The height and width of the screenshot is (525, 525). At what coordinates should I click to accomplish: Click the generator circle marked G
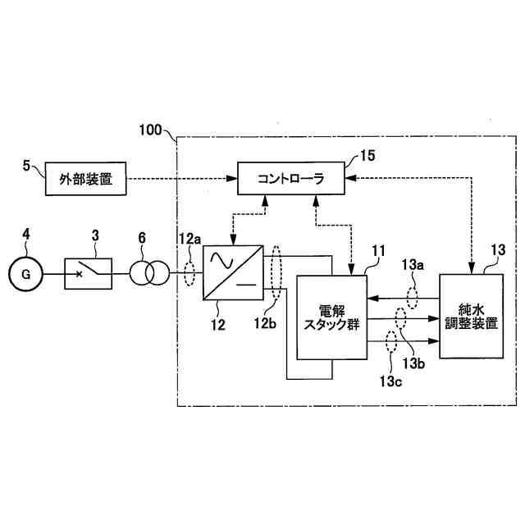click(x=26, y=274)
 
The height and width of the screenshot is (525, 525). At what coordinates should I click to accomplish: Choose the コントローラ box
click(x=290, y=178)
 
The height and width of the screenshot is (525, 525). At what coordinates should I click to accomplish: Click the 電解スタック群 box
click(x=331, y=317)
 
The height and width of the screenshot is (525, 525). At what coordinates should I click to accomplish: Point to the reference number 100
click(x=151, y=130)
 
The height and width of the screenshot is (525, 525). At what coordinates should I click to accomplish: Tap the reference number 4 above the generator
click(x=26, y=235)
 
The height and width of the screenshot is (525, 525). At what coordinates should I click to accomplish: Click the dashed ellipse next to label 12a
click(x=190, y=273)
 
